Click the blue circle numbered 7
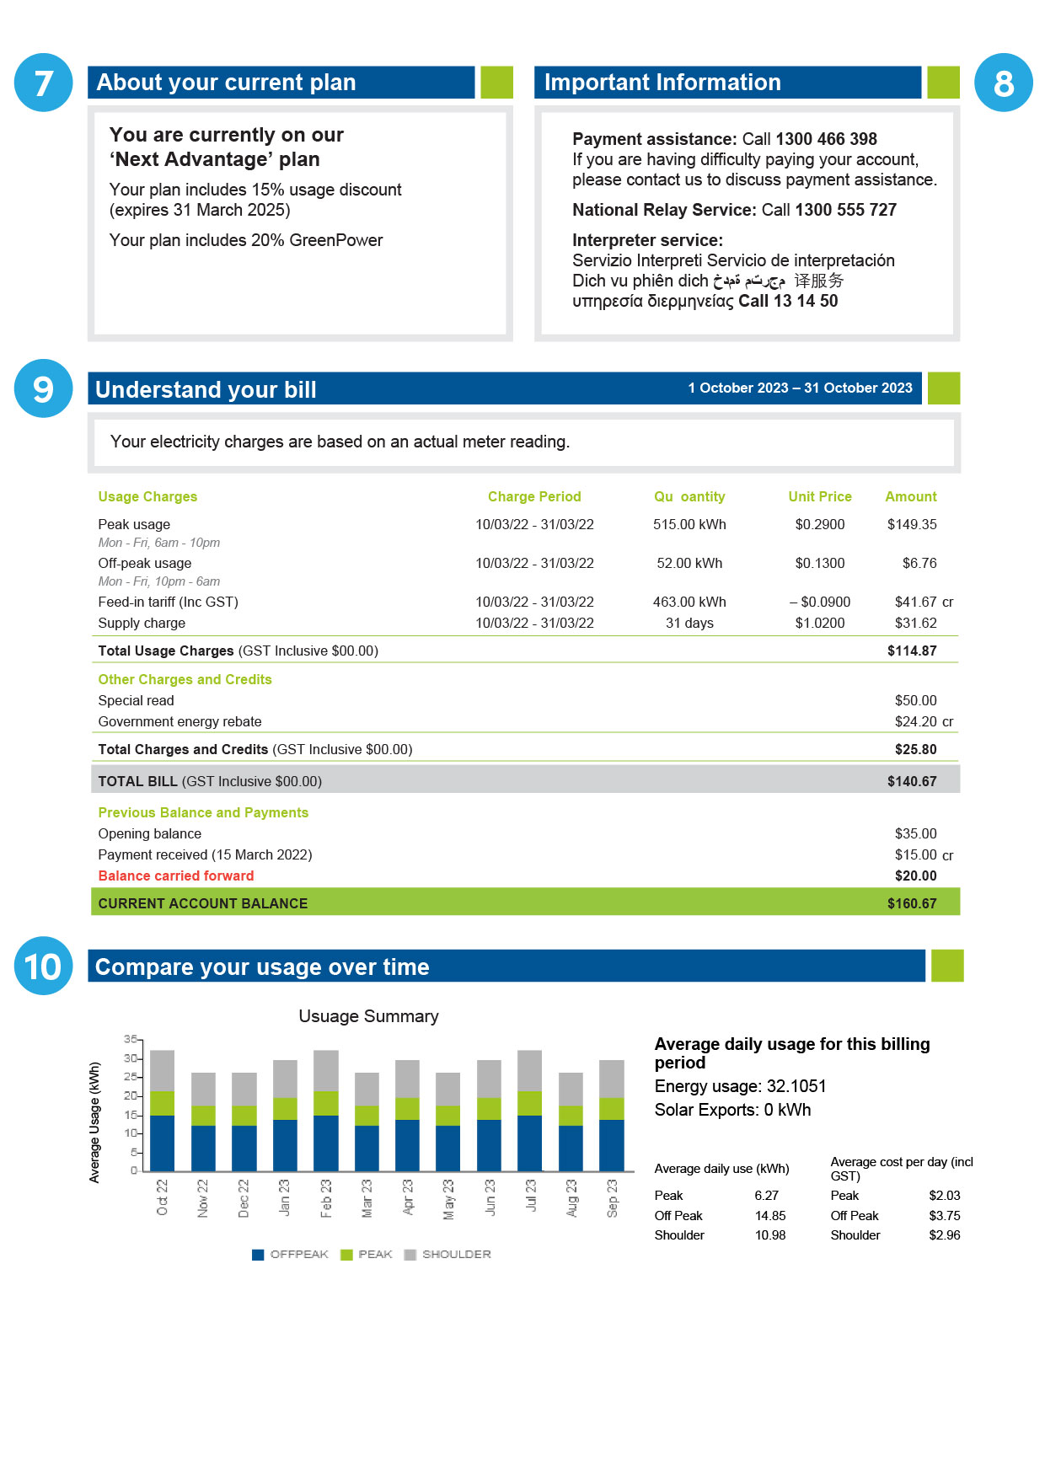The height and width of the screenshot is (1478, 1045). click(x=43, y=83)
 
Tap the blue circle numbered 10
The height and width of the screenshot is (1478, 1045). click(x=43, y=966)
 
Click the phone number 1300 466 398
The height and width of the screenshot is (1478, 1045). click(x=826, y=139)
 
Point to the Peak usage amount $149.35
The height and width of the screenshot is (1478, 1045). click(x=911, y=524)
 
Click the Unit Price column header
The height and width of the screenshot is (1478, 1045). click(x=819, y=496)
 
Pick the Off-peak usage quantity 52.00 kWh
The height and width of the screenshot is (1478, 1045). click(x=689, y=563)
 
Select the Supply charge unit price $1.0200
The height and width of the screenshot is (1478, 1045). click(x=819, y=623)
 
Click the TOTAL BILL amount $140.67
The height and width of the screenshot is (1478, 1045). click(x=911, y=781)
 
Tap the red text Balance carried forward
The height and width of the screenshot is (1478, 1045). click(x=175, y=876)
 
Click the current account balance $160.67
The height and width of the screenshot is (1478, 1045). click(x=911, y=903)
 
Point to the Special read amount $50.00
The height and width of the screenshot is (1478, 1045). click(x=915, y=700)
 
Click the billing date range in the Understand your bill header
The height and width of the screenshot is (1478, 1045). click(x=800, y=388)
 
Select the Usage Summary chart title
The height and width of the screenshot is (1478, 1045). click(x=368, y=1016)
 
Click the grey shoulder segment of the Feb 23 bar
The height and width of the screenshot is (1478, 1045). click(x=326, y=1070)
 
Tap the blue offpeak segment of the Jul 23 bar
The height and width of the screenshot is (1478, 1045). click(x=529, y=1143)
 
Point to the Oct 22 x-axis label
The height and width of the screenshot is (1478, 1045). click(x=163, y=1197)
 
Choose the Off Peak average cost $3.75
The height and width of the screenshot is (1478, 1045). click(x=944, y=1215)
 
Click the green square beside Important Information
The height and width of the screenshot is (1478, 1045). click(x=943, y=83)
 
